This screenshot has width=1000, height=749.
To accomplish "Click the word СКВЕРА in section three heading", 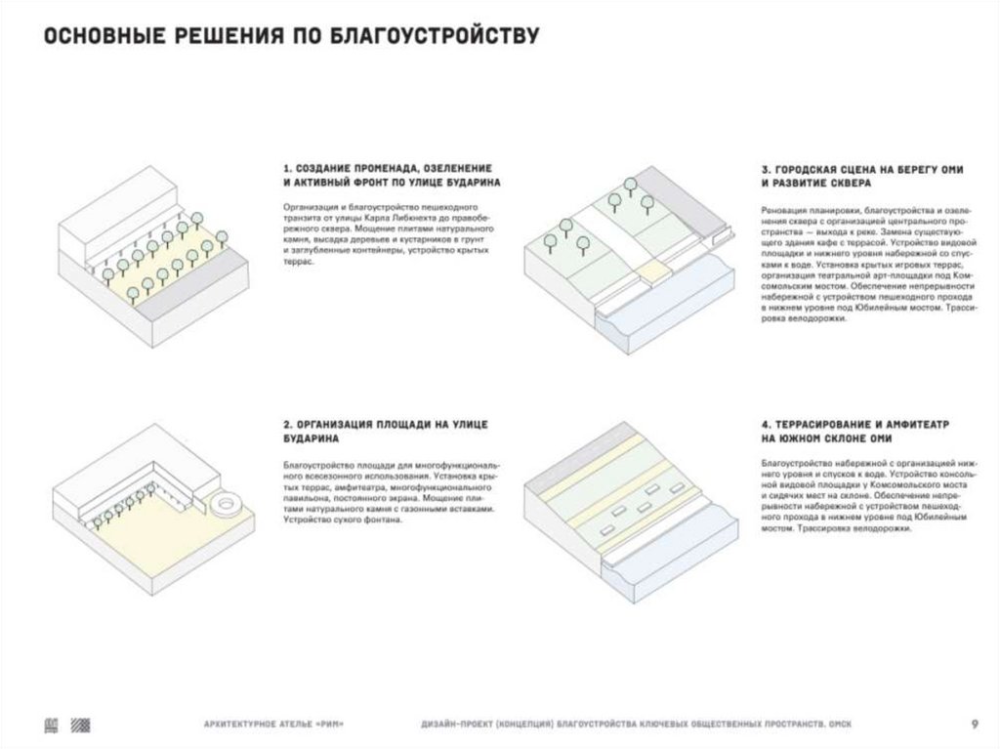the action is [x=835, y=184].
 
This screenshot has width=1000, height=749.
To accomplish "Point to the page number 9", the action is [x=974, y=724].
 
